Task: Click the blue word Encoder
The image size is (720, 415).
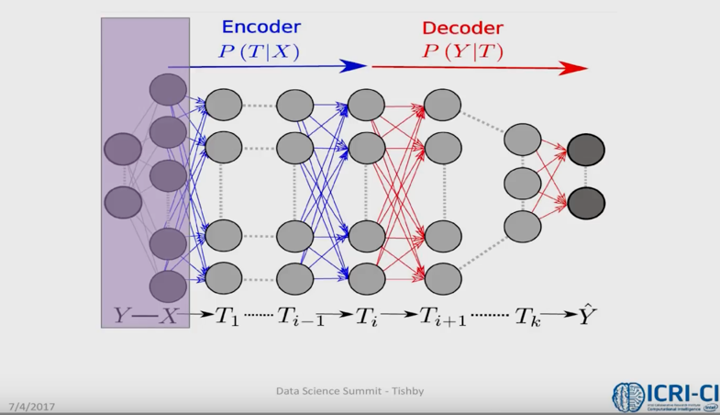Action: pyautogui.click(x=260, y=28)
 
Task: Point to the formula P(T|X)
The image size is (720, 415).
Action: pyautogui.click(x=259, y=52)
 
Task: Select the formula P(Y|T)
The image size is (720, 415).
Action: pyautogui.click(x=462, y=52)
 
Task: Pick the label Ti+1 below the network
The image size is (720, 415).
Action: pyautogui.click(x=443, y=317)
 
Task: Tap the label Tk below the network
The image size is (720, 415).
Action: pyautogui.click(x=526, y=317)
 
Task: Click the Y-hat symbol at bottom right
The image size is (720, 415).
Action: pyautogui.click(x=587, y=315)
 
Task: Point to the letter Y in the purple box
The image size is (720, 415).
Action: pyautogui.click(x=123, y=316)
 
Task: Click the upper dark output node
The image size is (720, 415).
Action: pyautogui.click(x=586, y=150)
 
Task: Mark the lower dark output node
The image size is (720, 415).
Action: pyautogui.click(x=586, y=203)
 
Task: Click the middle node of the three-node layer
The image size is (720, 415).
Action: pyautogui.click(x=522, y=182)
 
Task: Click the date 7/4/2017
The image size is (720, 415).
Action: pyautogui.click(x=32, y=406)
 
